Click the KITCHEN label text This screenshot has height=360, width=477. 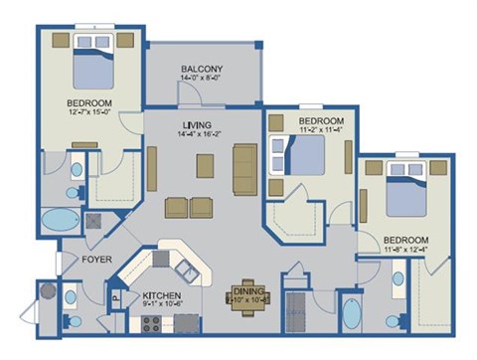coord(160,295)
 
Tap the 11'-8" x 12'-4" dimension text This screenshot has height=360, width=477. coord(406,251)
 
